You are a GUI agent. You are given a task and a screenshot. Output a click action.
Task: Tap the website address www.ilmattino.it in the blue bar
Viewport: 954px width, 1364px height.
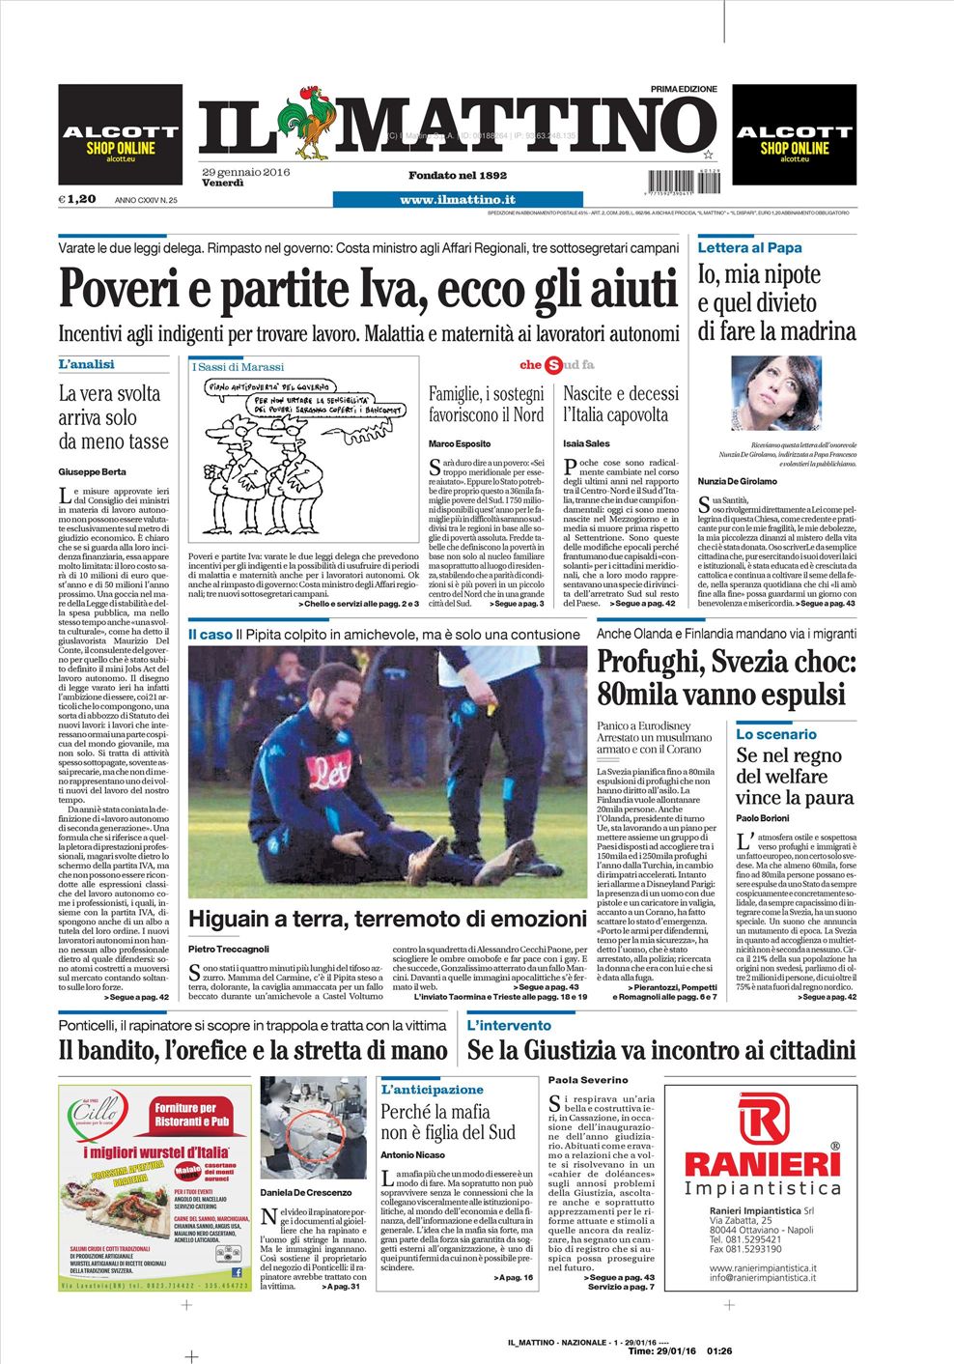click(457, 199)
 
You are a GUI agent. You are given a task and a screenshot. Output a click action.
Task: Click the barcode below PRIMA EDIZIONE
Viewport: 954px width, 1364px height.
click(683, 180)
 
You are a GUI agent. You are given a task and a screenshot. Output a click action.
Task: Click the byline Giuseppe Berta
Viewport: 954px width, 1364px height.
click(92, 471)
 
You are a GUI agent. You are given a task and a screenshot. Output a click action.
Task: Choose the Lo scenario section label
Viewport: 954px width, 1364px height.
click(775, 734)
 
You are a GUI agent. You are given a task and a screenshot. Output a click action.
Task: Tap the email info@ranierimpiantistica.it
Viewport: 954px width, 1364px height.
click(763, 1277)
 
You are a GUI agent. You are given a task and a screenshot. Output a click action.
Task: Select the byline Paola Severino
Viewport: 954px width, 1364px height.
click(587, 1079)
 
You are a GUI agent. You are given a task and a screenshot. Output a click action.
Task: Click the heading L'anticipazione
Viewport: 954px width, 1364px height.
click(432, 1089)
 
